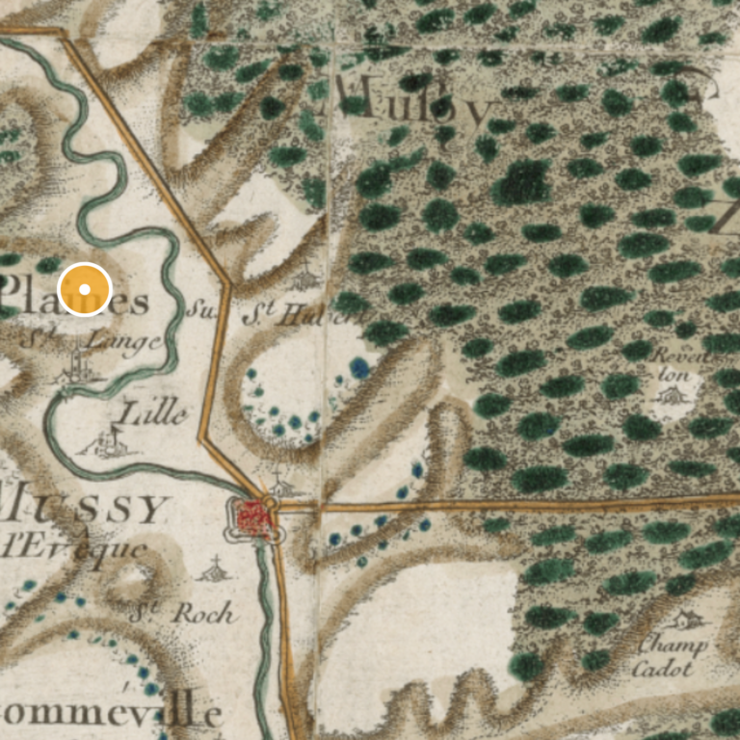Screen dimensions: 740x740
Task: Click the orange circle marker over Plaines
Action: [x=85, y=289]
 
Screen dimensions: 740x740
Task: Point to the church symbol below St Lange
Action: [x=78, y=367]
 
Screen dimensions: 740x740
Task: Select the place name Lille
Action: [x=151, y=414]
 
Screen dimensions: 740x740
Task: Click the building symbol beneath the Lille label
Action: [x=111, y=442]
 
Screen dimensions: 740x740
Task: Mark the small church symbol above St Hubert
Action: [x=306, y=277]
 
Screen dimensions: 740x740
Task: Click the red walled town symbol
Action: [x=252, y=519]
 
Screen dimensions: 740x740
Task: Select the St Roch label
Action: [x=182, y=611]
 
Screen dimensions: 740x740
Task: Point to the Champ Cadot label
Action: [x=672, y=655]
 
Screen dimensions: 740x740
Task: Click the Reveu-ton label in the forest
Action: [x=678, y=365]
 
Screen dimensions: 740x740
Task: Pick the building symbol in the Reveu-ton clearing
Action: [x=674, y=395]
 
